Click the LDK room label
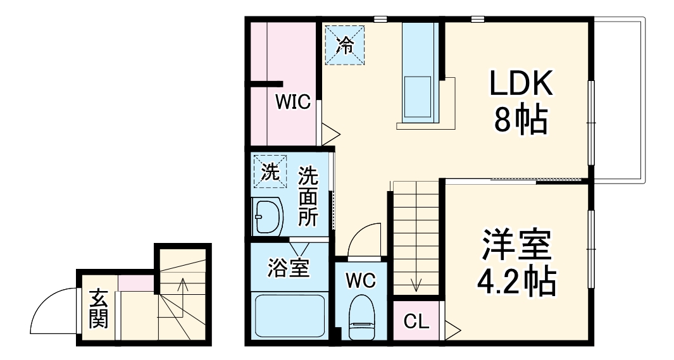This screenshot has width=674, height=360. coord(521,83)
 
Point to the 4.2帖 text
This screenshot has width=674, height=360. coord(515,282)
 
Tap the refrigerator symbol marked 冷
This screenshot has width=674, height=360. coord(345,44)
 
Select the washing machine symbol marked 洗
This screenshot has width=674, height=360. coord(270,172)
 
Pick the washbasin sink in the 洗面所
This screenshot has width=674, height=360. coord(266,217)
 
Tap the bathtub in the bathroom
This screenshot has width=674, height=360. coord(290,316)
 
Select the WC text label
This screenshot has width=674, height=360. coord(361,279)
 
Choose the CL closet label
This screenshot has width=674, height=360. coord(416,321)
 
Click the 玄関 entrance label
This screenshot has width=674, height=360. coord(97,308)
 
